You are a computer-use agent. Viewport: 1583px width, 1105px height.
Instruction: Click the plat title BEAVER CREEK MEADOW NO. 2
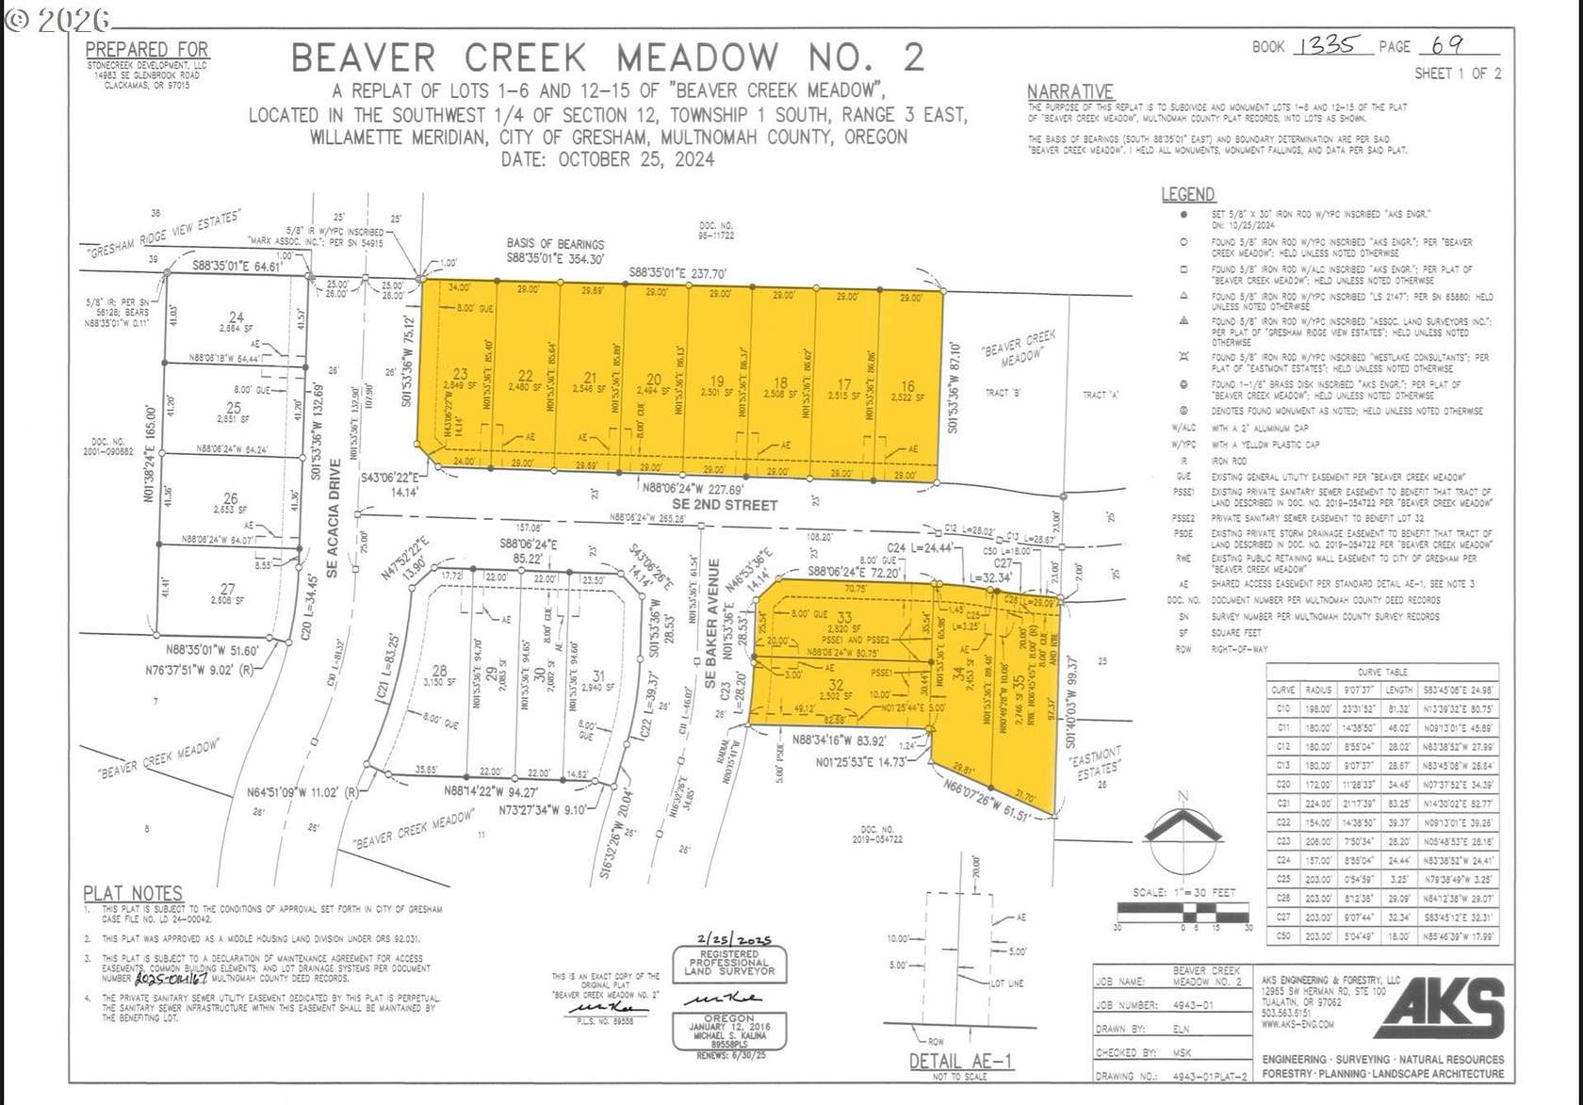(607, 57)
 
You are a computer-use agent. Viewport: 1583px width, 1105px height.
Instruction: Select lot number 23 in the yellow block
(460, 374)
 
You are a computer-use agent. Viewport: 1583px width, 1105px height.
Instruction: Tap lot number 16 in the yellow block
(907, 386)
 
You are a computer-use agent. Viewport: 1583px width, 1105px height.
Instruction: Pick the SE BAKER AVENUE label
(712, 613)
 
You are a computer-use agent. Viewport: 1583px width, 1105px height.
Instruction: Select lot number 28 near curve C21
(439, 671)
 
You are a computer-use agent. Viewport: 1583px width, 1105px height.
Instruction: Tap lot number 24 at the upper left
(236, 317)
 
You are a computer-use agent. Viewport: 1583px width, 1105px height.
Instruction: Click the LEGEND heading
(1187, 194)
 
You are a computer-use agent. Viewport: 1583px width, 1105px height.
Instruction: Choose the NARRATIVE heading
(1069, 91)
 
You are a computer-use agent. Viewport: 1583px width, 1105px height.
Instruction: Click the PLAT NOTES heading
(133, 892)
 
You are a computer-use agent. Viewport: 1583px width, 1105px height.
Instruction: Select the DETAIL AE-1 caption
(960, 1062)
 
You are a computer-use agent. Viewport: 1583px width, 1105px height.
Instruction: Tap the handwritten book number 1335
(1328, 45)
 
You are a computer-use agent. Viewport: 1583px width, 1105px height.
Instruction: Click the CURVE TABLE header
(1382, 672)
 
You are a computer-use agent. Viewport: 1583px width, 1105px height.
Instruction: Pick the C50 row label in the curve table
(1282, 936)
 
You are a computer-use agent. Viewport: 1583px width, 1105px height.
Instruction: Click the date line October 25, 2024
(607, 159)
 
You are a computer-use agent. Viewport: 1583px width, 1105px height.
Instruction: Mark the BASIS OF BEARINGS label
(555, 244)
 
